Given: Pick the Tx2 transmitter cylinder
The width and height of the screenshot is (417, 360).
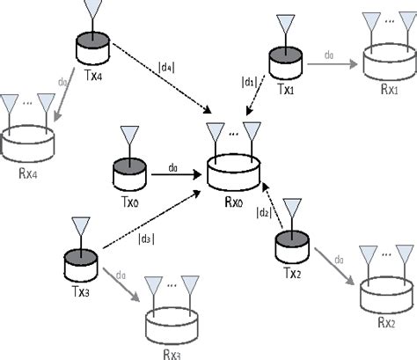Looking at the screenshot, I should (290, 245).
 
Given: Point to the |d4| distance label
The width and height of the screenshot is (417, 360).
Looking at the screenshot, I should (165, 65).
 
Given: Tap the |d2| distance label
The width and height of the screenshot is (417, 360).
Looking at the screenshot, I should (262, 213).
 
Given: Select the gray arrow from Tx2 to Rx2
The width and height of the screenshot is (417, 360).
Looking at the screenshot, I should (333, 265).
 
